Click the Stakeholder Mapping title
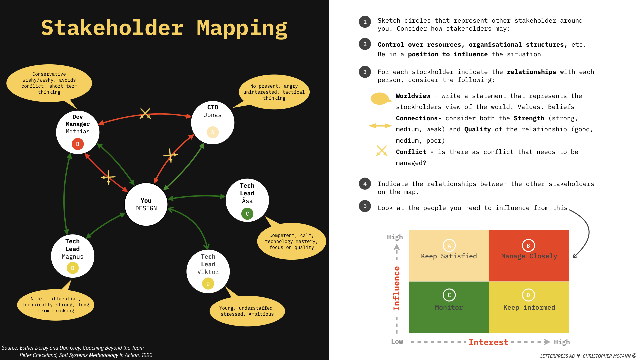[x=164, y=28]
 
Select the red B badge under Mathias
[x=78, y=144]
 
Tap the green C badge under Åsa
[x=247, y=214]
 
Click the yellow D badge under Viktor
[x=208, y=284]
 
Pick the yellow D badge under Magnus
[x=73, y=268]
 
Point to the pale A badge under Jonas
[x=213, y=132]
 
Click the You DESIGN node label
[x=146, y=204]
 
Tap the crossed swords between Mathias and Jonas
[x=145, y=113]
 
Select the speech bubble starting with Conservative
[x=49, y=83]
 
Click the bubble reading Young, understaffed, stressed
[x=247, y=311]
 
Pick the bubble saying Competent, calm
[x=291, y=241]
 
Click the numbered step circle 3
[x=365, y=72]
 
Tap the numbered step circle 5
[x=365, y=206]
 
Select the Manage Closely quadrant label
[x=529, y=256]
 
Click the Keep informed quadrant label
[x=529, y=307]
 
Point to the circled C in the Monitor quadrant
[x=449, y=295]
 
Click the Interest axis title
[x=488, y=342]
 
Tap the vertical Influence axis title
[x=396, y=288]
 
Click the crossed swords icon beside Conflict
[x=382, y=151]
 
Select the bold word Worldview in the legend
[x=413, y=96]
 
